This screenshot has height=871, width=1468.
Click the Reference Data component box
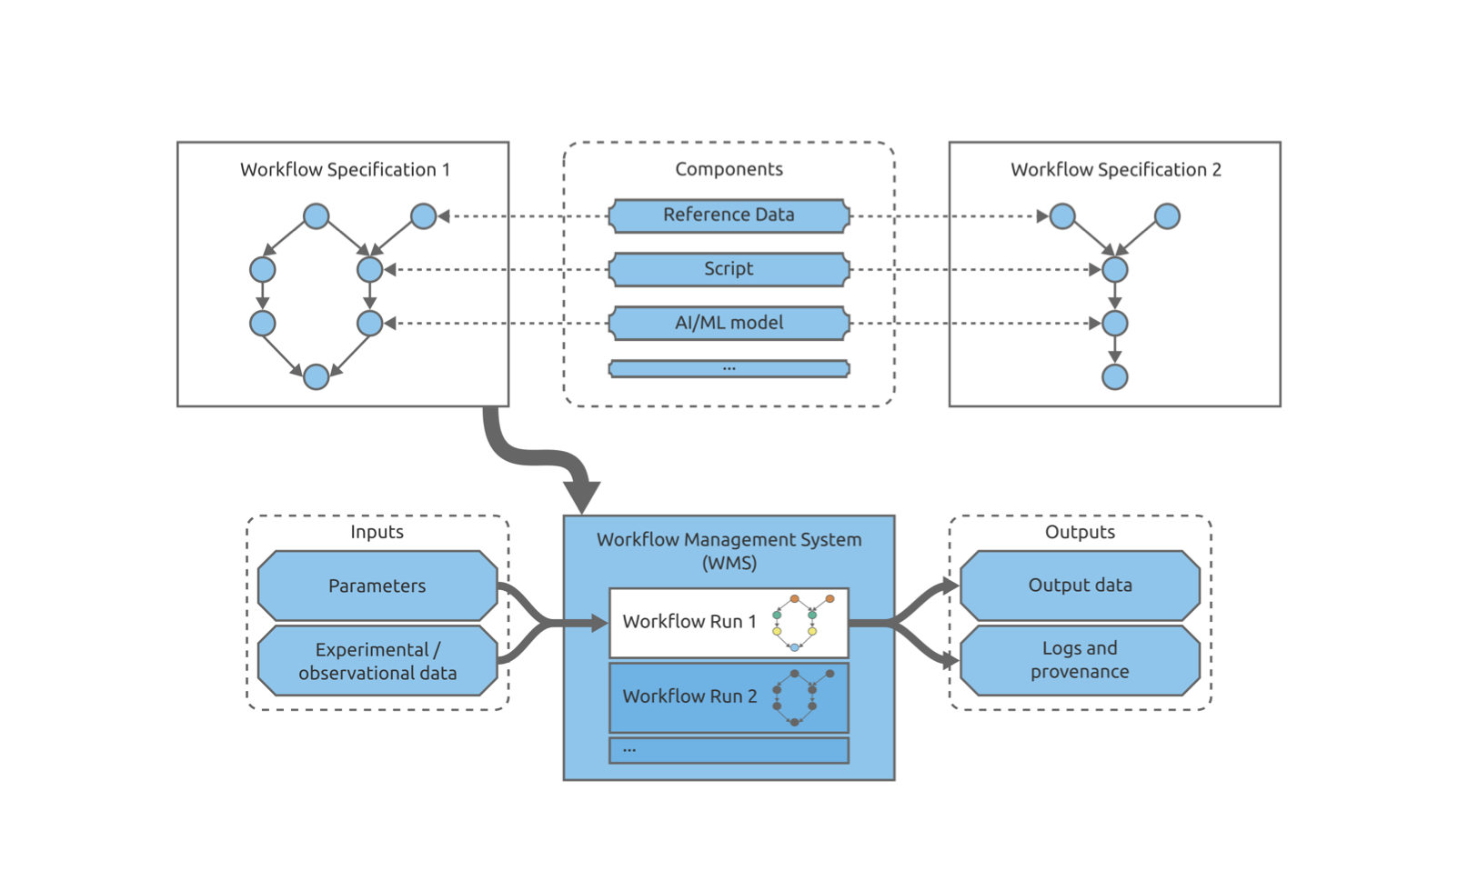point(729,215)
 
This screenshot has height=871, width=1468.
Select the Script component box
point(729,269)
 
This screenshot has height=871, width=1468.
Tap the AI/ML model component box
point(729,323)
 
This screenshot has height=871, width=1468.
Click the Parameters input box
point(377,586)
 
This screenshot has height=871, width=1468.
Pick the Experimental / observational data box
point(377,661)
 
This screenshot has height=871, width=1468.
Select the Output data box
point(1080,586)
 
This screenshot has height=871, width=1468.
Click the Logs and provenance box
point(1080,661)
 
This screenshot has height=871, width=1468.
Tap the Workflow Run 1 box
point(729,623)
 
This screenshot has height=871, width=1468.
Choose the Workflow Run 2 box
point(729,697)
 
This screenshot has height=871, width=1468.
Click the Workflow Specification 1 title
point(346,170)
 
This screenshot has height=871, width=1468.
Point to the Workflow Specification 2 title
point(1116,170)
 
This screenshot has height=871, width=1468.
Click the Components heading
point(729,169)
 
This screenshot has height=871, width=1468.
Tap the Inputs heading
point(377,531)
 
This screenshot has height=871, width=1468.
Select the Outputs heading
point(1080,531)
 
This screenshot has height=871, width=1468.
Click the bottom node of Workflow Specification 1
point(316,377)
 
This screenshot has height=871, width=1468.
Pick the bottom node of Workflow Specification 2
point(1115,377)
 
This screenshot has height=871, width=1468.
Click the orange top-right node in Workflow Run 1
point(830,598)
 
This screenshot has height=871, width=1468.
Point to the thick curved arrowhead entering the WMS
point(582,496)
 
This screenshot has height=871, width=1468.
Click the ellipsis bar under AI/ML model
point(729,369)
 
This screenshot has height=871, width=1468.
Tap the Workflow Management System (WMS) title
point(729,551)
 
